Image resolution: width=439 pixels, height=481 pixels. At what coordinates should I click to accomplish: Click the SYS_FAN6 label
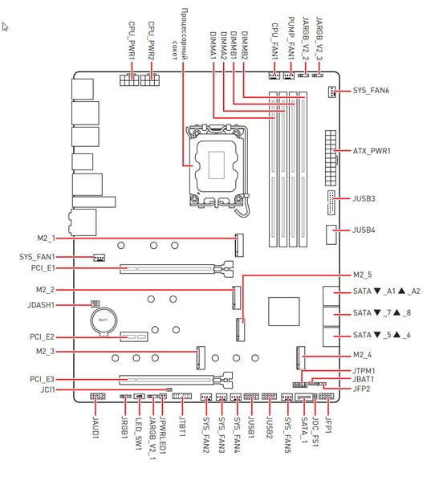tap(371, 91)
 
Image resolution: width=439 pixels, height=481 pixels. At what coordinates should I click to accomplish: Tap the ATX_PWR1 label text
tap(372, 151)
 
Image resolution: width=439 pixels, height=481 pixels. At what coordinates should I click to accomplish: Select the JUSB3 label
tap(364, 198)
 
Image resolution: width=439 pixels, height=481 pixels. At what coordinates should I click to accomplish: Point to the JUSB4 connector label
tap(364, 230)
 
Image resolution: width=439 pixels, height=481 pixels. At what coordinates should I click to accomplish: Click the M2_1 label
tap(47, 238)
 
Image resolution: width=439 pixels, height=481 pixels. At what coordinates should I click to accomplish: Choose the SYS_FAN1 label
tap(37, 257)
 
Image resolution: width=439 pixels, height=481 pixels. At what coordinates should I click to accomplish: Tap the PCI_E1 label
tap(43, 268)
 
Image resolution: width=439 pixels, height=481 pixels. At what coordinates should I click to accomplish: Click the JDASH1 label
tap(41, 305)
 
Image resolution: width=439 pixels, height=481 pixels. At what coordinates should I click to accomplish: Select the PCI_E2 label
tap(42, 337)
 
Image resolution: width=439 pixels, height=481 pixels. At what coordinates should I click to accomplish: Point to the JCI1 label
tap(48, 390)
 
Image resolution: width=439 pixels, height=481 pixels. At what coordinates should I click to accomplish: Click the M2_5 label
tap(363, 275)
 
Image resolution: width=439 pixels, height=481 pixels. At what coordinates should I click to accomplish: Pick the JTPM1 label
tap(364, 371)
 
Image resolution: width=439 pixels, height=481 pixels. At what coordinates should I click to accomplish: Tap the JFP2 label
tap(361, 389)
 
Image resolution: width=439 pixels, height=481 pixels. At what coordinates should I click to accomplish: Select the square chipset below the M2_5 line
tap(283, 311)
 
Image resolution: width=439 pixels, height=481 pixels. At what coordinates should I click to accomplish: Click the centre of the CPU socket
tap(217, 165)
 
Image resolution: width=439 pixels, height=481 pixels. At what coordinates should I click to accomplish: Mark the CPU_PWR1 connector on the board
tap(129, 79)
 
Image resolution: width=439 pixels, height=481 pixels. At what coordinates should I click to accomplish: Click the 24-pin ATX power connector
tap(331, 158)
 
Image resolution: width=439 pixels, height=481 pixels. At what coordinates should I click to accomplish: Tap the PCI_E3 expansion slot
tap(177, 380)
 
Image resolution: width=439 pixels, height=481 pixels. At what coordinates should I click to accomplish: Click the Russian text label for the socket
tap(180, 34)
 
